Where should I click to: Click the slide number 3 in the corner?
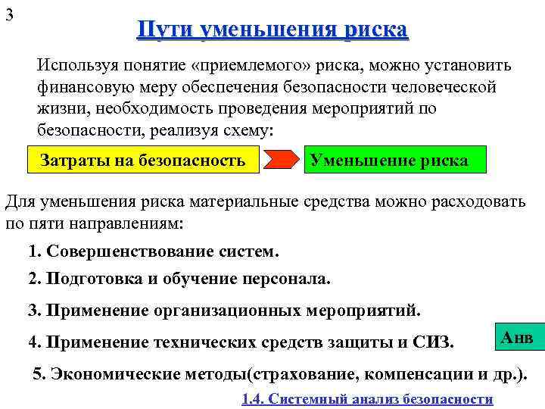click(x=9, y=16)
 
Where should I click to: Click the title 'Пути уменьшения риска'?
click(x=272, y=30)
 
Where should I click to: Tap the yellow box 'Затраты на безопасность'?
click(x=142, y=161)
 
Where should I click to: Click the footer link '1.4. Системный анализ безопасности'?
click(x=367, y=399)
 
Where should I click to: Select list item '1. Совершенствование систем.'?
click(x=153, y=251)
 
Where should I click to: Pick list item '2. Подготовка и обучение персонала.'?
click(x=179, y=279)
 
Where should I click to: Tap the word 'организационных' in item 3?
click(x=229, y=311)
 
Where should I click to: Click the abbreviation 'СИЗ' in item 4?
click(x=433, y=342)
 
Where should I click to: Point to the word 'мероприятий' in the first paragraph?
click(x=366, y=108)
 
